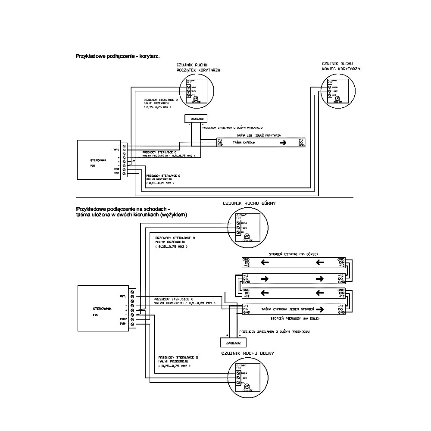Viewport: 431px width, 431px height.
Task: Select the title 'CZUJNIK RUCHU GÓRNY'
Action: tap(249, 203)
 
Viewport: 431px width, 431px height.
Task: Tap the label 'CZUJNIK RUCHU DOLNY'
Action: tap(248, 353)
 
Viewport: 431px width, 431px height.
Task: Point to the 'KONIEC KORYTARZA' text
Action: tap(341, 69)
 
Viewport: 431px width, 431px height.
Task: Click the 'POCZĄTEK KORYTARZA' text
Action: tap(199, 70)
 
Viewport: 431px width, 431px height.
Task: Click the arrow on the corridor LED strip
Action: tap(282, 143)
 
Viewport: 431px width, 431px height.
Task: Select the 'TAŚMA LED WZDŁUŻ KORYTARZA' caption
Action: tap(256, 135)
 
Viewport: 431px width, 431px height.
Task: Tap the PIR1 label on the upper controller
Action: tap(116, 173)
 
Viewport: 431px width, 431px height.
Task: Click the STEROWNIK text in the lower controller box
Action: tap(103, 309)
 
